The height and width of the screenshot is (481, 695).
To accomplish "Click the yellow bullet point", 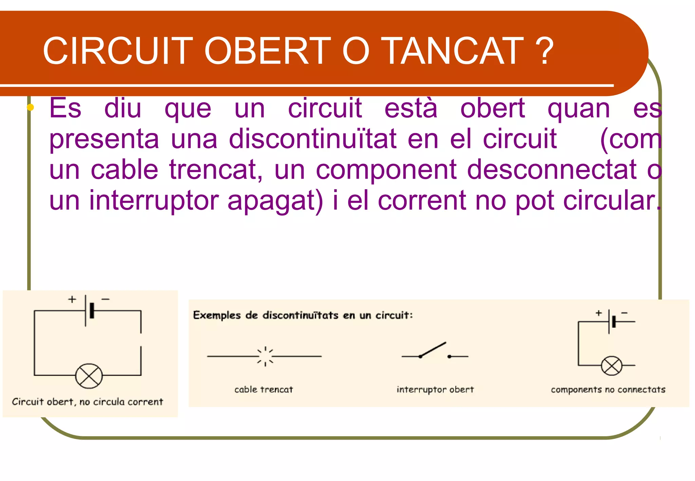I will tap(30, 108).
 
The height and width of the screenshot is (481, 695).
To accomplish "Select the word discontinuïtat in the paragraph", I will tap(313, 139).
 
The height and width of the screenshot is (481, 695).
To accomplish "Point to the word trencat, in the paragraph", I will tap(216, 170).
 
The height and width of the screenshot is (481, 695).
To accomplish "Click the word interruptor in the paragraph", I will tap(154, 200).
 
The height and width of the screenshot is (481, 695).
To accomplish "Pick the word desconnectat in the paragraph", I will tap(552, 170).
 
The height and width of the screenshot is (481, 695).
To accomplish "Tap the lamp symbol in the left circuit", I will tap(89, 376).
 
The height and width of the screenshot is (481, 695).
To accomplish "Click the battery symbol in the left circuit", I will tap(89, 310).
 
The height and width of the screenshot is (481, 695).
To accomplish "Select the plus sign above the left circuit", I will tap(72, 299).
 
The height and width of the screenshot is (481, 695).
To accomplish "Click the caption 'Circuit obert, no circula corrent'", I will tap(88, 402).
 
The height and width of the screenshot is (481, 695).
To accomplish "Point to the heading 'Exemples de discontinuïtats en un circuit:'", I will tap(303, 315).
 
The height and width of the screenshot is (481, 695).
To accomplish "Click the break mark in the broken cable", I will tap(265, 356).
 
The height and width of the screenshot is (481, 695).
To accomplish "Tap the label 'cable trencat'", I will tap(264, 389).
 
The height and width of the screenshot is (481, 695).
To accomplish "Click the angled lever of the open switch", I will tap(433, 349).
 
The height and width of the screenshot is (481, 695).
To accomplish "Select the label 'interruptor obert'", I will tap(435, 389).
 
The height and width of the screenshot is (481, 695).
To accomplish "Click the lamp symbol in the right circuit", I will tap(612, 366).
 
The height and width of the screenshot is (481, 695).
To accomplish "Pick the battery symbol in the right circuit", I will tap(611, 321).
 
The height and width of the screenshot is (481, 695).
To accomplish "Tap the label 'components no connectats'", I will tap(608, 389).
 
